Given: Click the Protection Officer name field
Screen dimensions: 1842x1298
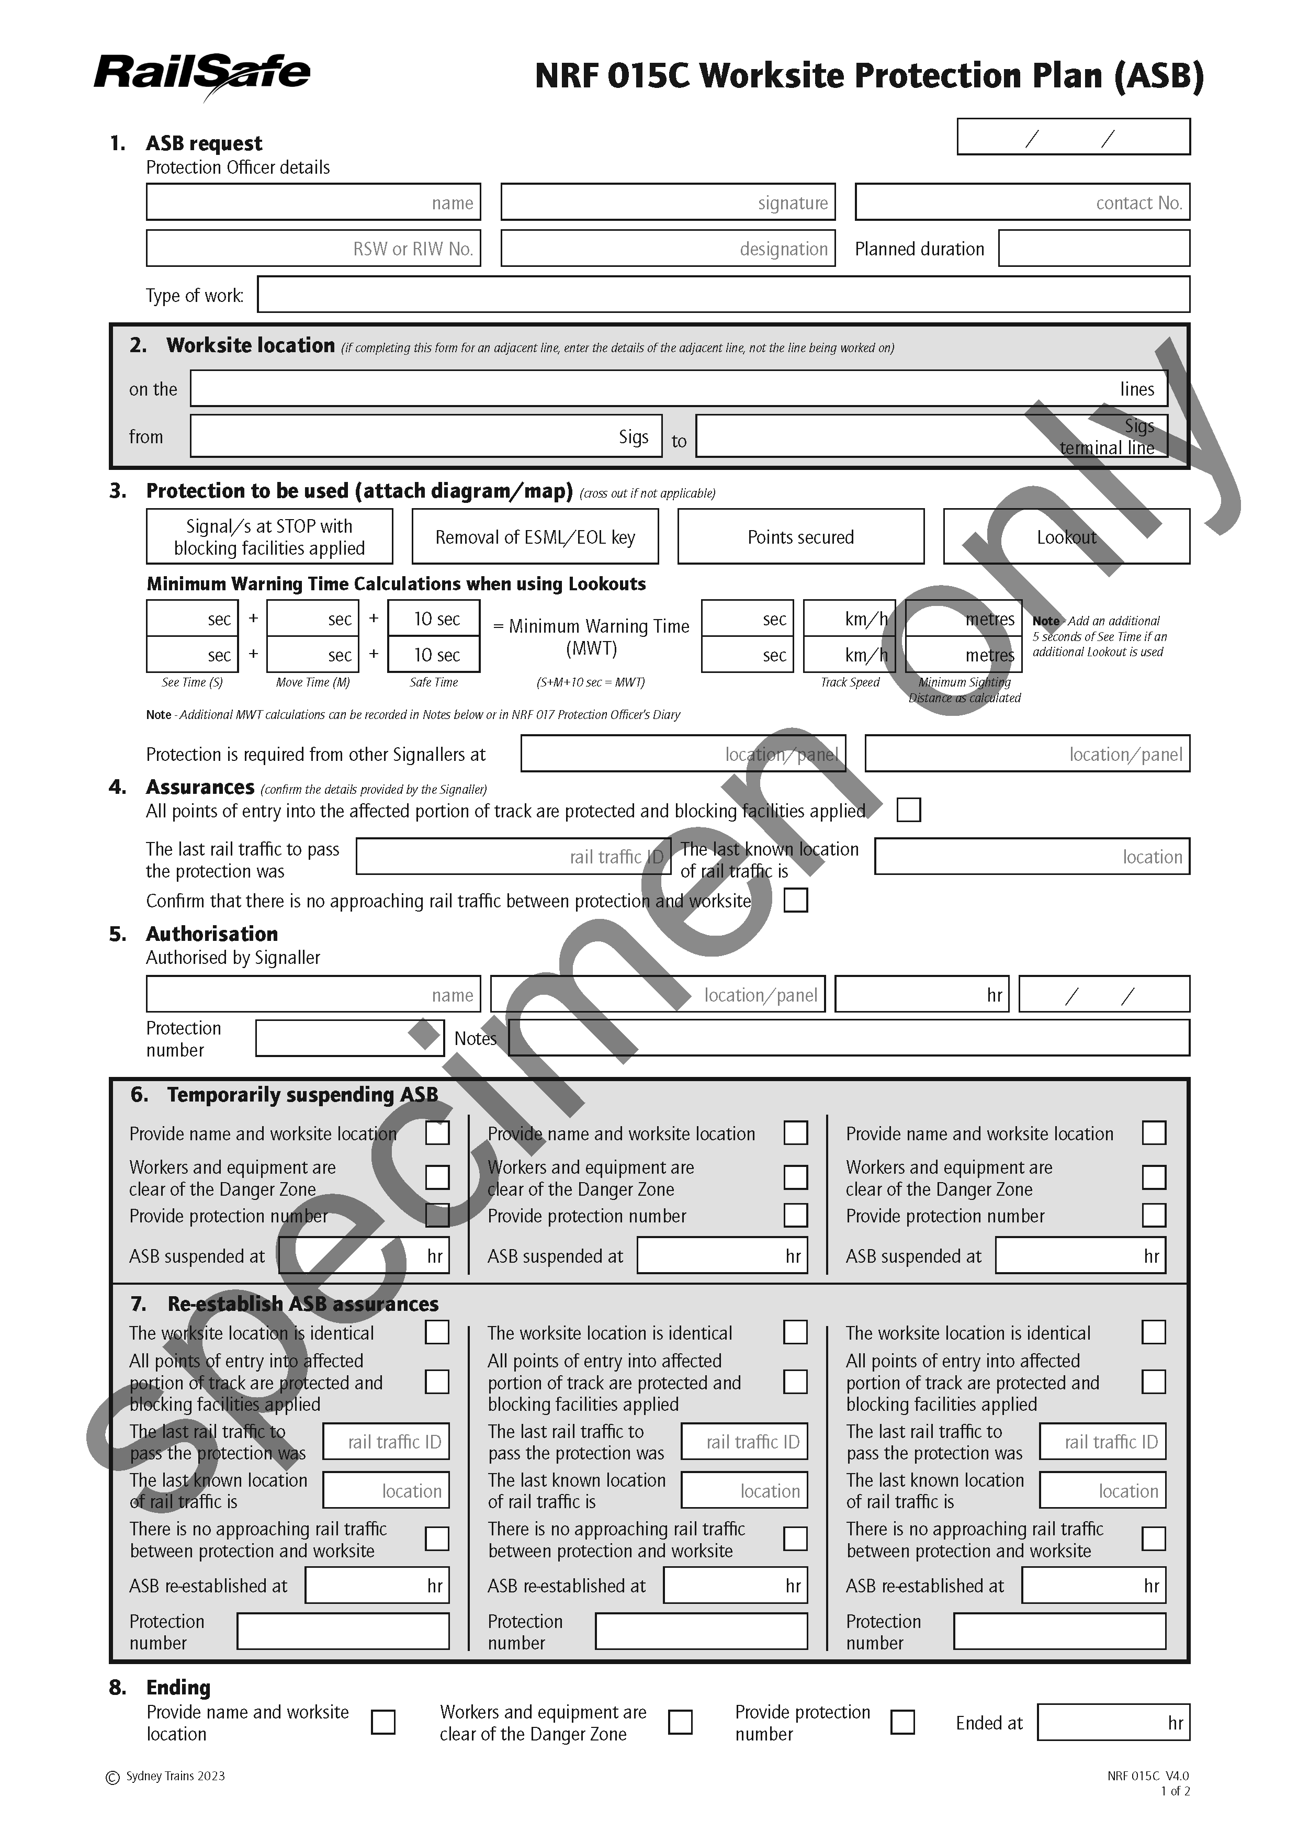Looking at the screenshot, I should pyautogui.click(x=313, y=202).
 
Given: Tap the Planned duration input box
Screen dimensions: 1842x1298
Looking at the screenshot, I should pyautogui.click(x=1093, y=249).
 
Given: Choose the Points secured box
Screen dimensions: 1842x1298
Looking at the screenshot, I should pyautogui.click(x=800, y=537).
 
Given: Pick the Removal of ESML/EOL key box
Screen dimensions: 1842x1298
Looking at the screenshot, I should pyautogui.click(x=535, y=537).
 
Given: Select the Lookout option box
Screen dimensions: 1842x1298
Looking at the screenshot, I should pyautogui.click(x=1065, y=537).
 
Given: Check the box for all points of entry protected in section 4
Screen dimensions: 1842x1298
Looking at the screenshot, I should pyautogui.click(x=908, y=810).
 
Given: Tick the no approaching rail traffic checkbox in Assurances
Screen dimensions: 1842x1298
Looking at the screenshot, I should pyautogui.click(x=795, y=900).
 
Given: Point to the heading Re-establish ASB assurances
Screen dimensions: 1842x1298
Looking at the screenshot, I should pyautogui.click(x=302, y=1304).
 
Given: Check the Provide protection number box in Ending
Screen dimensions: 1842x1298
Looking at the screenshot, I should pyautogui.click(x=902, y=1722).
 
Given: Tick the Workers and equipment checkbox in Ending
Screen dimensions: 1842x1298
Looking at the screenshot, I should pyautogui.click(x=680, y=1722).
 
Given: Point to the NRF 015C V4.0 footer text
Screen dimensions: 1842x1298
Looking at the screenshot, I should pyautogui.click(x=1148, y=1776).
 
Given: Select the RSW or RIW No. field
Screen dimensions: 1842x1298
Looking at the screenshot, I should pyautogui.click(x=313, y=249).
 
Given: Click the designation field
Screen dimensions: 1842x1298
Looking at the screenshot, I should pyautogui.click(x=668, y=249).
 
